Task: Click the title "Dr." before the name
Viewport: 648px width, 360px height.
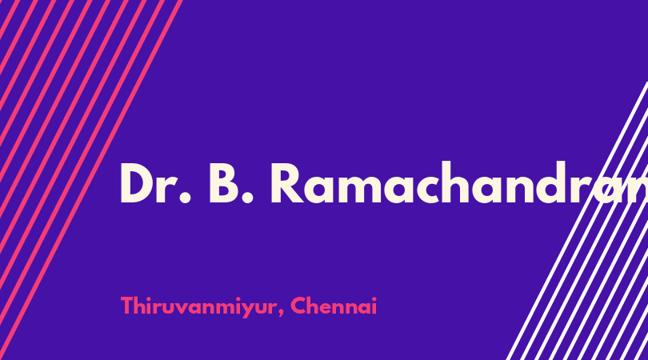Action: pyautogui.click(x=156, y=183)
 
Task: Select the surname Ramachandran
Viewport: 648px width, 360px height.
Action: pyautogui.click(x=458, y=182)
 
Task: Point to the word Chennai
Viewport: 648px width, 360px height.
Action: pyautogui.click(x=334, y=306)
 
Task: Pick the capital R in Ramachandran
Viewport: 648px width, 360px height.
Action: pyautogui.click(x=287, y=183)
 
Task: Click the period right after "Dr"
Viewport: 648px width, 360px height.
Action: pyautogui.click(x=186, y=198)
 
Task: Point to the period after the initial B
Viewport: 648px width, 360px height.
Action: pyautogui.click(x=246, y=198)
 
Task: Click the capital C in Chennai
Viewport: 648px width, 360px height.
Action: pyautogui.click(x=298, y=306)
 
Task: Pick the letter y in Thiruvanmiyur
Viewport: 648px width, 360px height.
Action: pyautogui.click(x=248, y=310)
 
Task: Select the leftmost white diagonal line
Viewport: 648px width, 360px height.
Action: pyautogui.click(x=578, y=221)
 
